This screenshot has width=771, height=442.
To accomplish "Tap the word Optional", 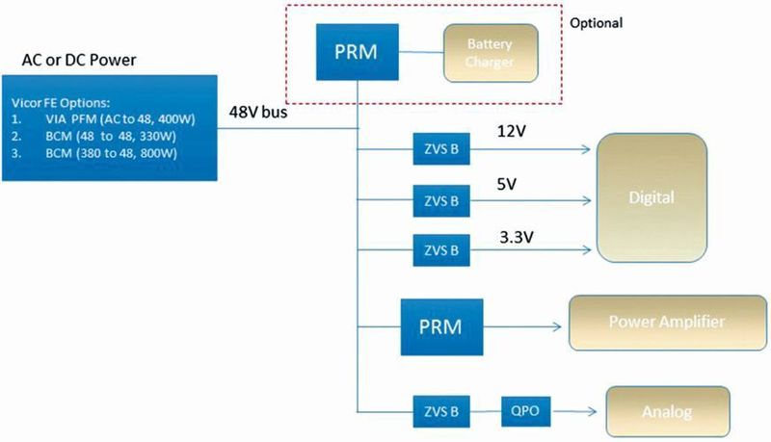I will coord(597,22).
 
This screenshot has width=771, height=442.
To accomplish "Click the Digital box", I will coord(651,197).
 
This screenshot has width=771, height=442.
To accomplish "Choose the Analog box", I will coord(666,411).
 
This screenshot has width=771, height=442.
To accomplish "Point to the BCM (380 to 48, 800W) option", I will coord(82,152).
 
